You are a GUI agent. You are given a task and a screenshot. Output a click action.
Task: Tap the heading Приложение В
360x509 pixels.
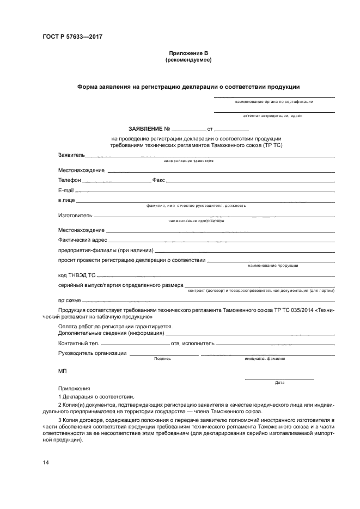188,53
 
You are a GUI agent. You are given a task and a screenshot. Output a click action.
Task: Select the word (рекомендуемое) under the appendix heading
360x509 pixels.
188,60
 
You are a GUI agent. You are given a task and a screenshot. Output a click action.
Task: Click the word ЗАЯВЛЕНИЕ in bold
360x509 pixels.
145,129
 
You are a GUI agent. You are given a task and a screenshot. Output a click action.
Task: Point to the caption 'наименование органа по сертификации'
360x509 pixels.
274,101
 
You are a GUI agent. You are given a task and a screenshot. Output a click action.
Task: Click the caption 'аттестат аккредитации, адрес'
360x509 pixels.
273,115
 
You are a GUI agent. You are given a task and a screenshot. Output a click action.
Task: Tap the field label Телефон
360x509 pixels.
70,180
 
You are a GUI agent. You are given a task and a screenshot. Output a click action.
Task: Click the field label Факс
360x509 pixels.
158,180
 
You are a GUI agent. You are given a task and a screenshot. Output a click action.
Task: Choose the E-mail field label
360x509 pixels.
66,191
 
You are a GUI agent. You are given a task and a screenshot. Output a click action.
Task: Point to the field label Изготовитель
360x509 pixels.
75,216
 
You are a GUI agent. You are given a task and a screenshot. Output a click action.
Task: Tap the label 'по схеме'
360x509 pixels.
69,299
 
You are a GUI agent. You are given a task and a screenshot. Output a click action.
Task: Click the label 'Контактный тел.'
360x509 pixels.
78,344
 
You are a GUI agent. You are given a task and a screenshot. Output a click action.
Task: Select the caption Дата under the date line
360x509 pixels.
279,382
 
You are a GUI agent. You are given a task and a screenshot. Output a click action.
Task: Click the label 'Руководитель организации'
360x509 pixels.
92,353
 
